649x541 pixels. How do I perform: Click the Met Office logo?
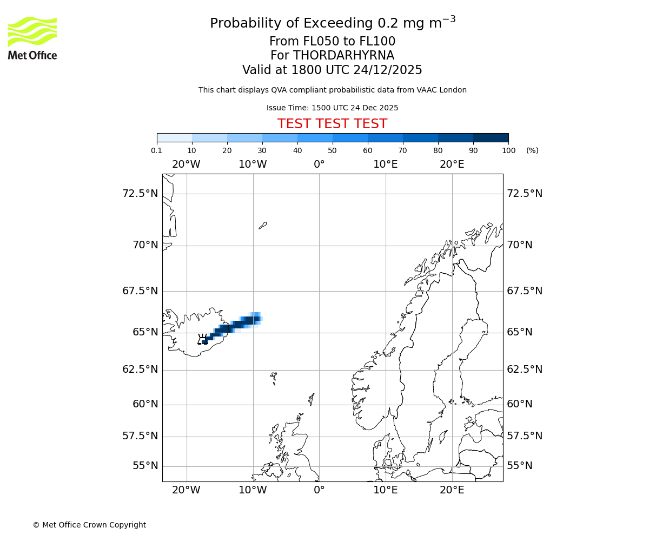coord(32,38)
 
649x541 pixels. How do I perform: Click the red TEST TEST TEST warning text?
coord(332,124)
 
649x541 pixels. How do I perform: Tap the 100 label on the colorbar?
coord(508,150)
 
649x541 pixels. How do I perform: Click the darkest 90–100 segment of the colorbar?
coord(491,137)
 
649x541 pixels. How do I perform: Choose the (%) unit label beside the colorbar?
coord(532,150)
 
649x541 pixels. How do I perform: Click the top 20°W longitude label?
coord(186,164)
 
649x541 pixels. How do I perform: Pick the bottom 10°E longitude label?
coord(386,490)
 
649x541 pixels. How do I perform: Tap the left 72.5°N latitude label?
coord(140,194)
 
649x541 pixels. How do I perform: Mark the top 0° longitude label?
coord(319,164)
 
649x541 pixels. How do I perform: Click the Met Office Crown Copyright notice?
coord(89,525)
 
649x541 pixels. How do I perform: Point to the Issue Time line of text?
coord(332,108)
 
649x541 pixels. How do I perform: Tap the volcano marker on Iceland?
coord(203,340)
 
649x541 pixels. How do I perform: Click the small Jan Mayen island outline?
coord(263,225)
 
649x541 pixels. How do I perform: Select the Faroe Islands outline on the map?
coord(274,377)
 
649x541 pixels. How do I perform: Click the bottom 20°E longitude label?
coord(452,490)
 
